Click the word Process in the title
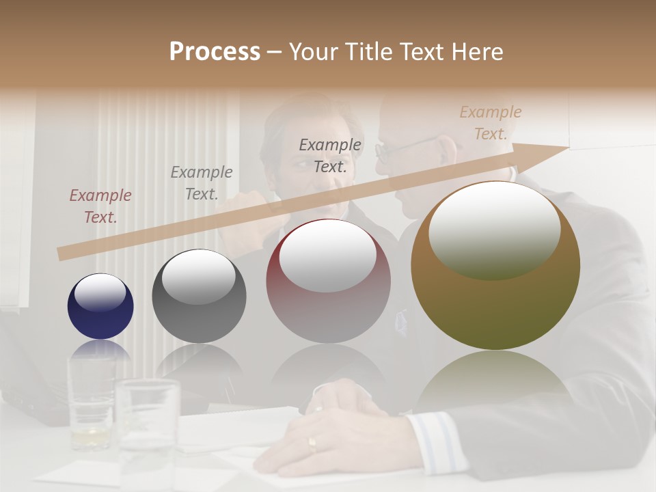pyautogui.click(x=215, y=52)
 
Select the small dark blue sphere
pyautogui.click(x=100, y=306)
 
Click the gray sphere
pyautogui.click(x=199, y=297)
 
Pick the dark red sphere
pyautogui.click(x=328, y=282)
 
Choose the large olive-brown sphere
pyautogui.click(x=495, y=266)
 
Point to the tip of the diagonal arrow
pyautogui.click(x=567, y=147)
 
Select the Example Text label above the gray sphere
pyautogui.click(x=202, y=183)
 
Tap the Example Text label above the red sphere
pyautogui.click(x=330, y=155)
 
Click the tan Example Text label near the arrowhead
pyautogui.click(x=491, y=123)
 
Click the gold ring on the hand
pyautogui.click(x=312, y=444)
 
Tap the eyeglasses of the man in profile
pyautogui.click(x=403, y=148)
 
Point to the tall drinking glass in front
pyautogui.click(x=147, y=430)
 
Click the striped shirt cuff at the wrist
pyautogui.click(x=437, y=441)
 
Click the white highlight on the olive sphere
pyautogui.click(x=494, y=229)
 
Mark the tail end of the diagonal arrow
pyautogui.click(x=61, y=254)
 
